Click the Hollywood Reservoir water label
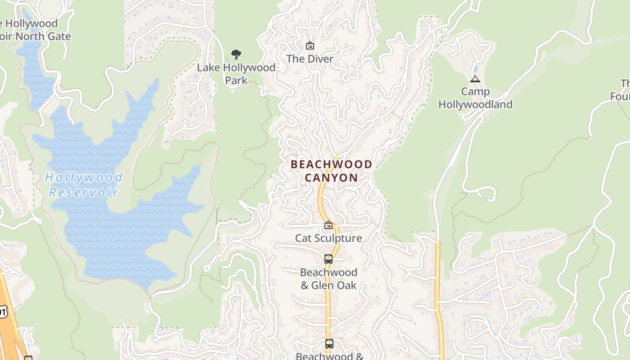(x=83, y=184)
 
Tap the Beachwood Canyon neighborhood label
(x=332, y=171)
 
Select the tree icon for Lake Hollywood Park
(x=236, y=55)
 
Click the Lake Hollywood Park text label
(x=236, y=74)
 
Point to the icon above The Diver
(x=310, y=45)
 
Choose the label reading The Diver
(x=310, y=59)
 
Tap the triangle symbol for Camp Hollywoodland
(x=475, y=79)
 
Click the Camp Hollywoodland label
(x=476, y=98)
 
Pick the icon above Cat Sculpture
(x=328, y=225)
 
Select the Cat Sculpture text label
(x=328, y=238)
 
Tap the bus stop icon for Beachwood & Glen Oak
(x=328, y=259)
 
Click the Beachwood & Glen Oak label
(x=328, y=279)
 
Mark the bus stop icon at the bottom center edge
(x=329, y=344)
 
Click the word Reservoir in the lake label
(x=83, y=193)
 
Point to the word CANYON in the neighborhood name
(x=332, y=178)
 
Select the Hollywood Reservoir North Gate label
(x=31, y=30)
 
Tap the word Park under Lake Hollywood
(x=236, y=81)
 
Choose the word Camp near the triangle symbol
(x=475, y=92)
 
